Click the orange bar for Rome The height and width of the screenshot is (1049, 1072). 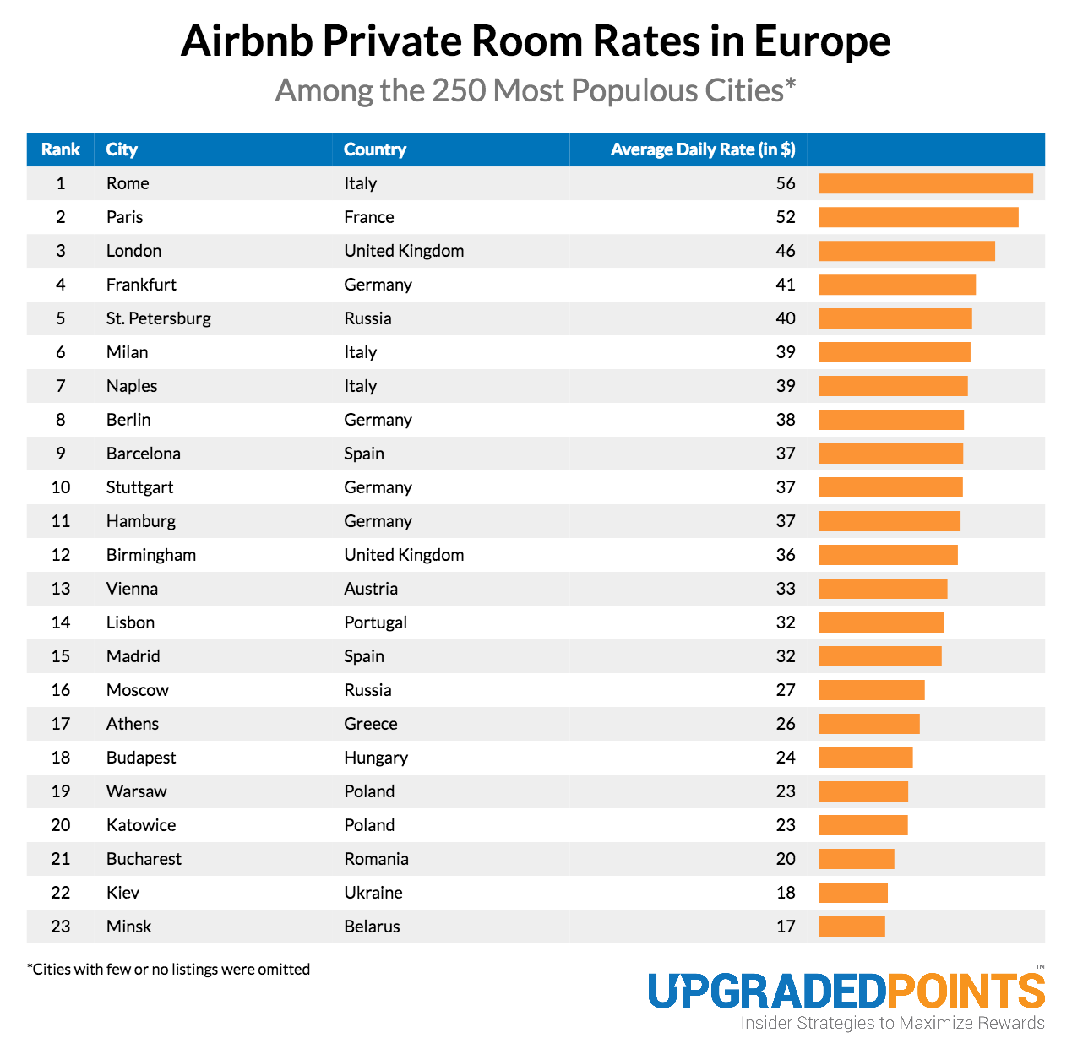926,183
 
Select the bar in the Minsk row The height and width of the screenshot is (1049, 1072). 852,927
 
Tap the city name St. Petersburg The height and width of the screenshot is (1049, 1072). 159,318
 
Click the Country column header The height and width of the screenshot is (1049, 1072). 375,149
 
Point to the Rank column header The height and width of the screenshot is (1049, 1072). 61,149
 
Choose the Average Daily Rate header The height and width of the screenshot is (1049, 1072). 702,149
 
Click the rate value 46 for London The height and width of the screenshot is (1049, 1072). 786,251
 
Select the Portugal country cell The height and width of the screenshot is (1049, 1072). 375,622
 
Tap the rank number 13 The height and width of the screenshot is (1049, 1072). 61,589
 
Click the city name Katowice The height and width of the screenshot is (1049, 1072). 141,825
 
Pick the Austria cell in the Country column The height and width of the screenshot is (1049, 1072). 371,589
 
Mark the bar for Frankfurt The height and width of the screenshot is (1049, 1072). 897,285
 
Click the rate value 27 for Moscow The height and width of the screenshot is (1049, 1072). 786,690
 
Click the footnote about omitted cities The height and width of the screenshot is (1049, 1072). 169,969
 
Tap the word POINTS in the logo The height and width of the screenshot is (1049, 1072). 966,991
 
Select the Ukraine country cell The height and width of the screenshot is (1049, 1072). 373,893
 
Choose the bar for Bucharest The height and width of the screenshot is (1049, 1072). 857,859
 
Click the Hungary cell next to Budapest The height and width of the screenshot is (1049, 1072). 376,758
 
